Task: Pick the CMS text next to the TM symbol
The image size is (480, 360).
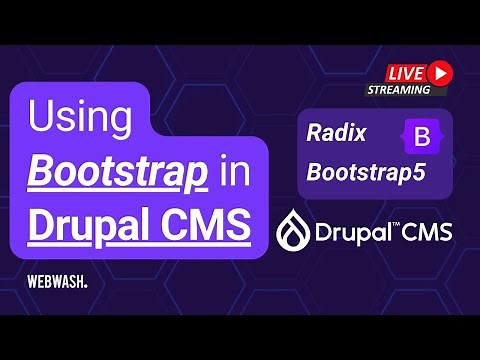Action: click(x=429, y=233)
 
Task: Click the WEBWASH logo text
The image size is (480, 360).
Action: click(x=57, y=283)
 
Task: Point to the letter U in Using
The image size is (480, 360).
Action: click(x=42, y=119)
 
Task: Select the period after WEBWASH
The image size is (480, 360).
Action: click(x=86, y=287)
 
